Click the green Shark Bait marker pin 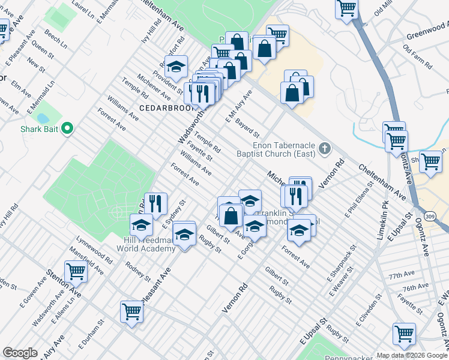(x=68, y=128)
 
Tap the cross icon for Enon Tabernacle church (x=325, y=148)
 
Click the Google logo (x=20, y=353)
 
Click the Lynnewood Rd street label (x=91, y=251)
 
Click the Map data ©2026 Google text (x=412, y=355)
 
